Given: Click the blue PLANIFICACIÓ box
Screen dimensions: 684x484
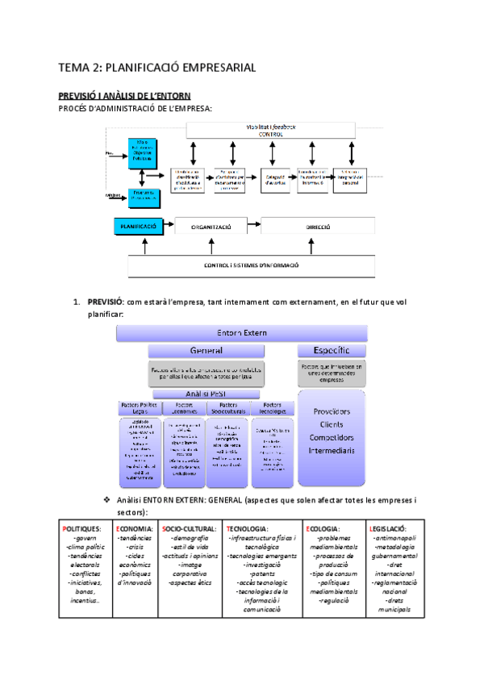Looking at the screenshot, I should [138, 227].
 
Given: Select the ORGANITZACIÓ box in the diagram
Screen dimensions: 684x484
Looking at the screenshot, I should [211, 227].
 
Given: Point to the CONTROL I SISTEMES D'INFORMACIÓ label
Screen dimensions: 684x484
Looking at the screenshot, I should [252, 265].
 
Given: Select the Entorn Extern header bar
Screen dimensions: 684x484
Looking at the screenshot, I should [242, 332].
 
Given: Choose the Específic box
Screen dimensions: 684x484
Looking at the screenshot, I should [332, 351].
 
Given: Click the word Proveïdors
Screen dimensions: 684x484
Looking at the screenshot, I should [332, 411].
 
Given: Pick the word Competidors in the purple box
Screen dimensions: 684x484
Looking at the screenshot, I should [332, 437].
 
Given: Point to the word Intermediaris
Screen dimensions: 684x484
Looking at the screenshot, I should [332, 450].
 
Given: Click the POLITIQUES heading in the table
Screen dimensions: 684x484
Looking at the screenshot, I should [85, 528].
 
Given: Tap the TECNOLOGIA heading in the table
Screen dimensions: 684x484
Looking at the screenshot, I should [252, 528].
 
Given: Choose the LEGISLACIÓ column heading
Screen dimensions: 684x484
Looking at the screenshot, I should [394, 528].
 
